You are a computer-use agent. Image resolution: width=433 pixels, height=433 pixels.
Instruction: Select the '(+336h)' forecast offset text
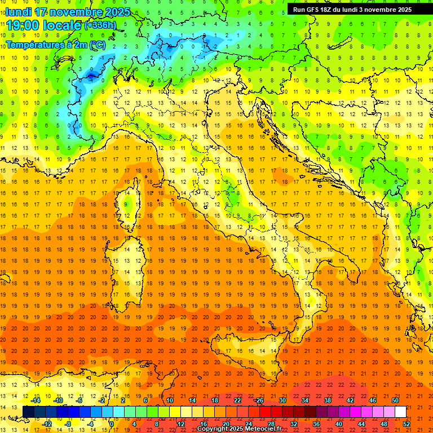pos(100,25)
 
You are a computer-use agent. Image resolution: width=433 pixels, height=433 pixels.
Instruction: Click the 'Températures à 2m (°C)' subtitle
pos(55,44)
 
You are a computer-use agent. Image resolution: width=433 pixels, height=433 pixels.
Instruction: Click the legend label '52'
pos(407,423)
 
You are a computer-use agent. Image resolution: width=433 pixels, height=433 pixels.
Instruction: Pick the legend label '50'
pos(395,400)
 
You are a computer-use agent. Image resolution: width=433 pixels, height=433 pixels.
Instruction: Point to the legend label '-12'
pos(48,423)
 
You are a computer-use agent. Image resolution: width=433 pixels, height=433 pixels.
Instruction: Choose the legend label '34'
pos(305,400)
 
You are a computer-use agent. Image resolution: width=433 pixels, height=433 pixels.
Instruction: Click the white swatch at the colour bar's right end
pos(400,412)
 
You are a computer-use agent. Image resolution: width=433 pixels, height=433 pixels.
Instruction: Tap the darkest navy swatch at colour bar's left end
pos(28,412)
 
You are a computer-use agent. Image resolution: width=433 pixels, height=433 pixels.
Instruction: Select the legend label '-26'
pos(259,400)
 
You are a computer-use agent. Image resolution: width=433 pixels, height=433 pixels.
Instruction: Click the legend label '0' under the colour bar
pos(112,423)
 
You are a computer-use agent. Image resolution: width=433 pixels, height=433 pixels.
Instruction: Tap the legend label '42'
pos(350,400)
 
